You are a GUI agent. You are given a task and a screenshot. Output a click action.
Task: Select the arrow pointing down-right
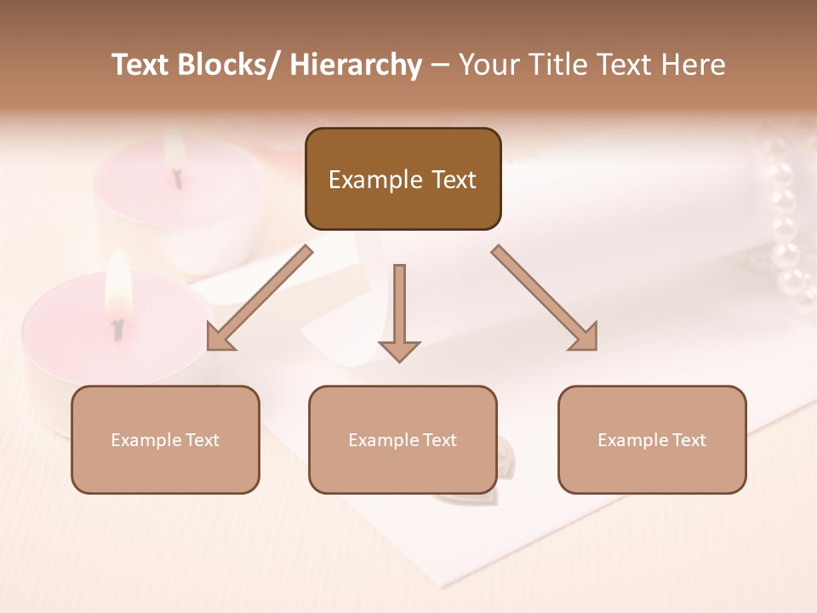tap(546, 299)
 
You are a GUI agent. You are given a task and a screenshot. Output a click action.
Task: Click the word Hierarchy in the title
tap(356, 65)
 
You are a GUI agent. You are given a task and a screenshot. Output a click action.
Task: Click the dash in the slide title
tap(440, 66)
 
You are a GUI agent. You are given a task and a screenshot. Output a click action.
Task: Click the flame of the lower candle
tap(117, 285)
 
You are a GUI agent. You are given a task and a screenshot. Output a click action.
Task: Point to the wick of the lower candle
tap(118, 327)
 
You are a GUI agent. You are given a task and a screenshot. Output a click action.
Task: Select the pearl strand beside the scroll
tap(786, 230)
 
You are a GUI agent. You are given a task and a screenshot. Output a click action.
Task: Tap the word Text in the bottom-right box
tap(689, 440)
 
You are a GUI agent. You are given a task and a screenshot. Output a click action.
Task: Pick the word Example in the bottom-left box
tap(146, 440)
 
